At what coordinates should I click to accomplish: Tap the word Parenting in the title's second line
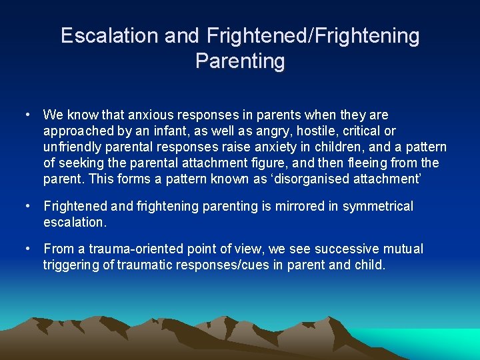coord(240,61)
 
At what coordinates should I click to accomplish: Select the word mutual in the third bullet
coord(401,249)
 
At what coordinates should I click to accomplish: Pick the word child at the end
coord(369,265)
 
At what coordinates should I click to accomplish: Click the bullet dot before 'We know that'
coord(27,115)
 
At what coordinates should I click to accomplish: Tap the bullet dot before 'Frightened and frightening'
coord(27,207)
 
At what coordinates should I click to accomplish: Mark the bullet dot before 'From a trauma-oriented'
coord(27,249)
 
